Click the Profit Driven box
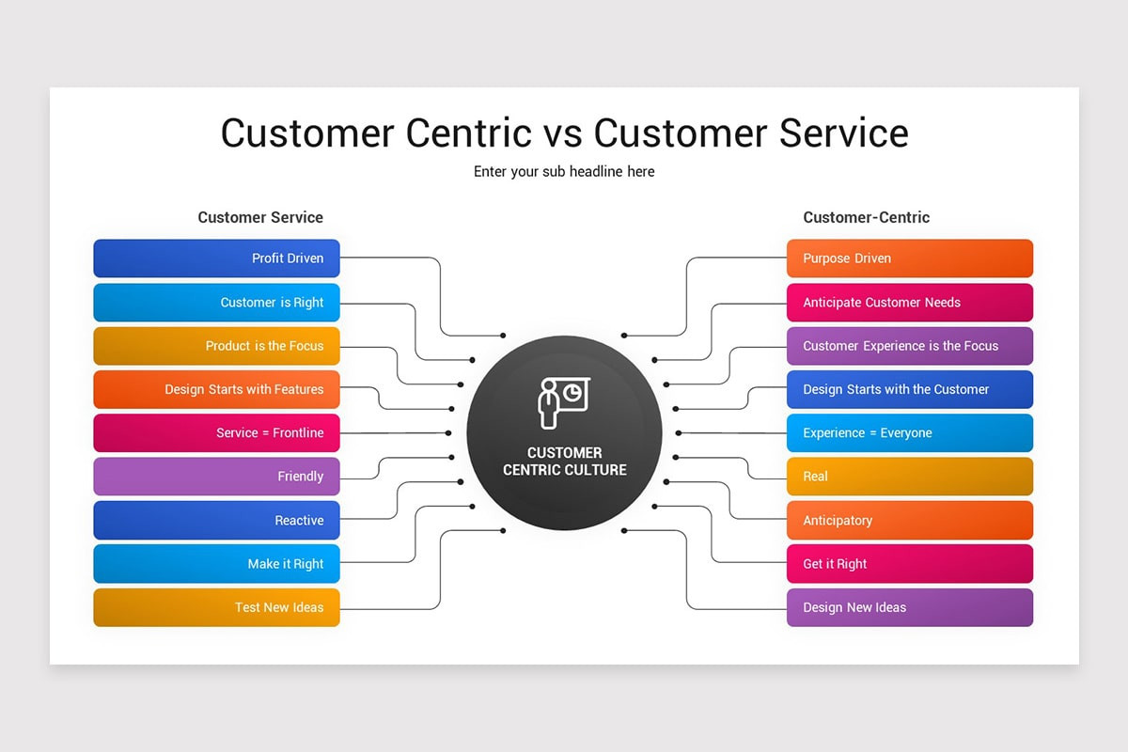tap(216, 258)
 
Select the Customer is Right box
tap(216, 303)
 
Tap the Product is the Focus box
tap(216, 346)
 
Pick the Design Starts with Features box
tap(216, 389)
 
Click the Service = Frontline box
tap(216, 433)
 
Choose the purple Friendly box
tap(216, 477)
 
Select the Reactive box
tap(216, 521)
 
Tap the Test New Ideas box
tap(216, 607)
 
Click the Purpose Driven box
tap(909, 258)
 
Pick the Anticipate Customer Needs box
tap(909, 303)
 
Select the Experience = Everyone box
tap(909, 433)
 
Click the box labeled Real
tap(909, 477)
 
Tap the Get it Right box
tap(909, 564)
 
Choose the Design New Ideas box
tap(909, 607)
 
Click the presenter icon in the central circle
tap(564, 401)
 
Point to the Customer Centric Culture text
tap(564, 462)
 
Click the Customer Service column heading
tap(260, 217)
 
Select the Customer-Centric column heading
tap(866, 217)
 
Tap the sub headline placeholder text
tap(564, 172)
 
